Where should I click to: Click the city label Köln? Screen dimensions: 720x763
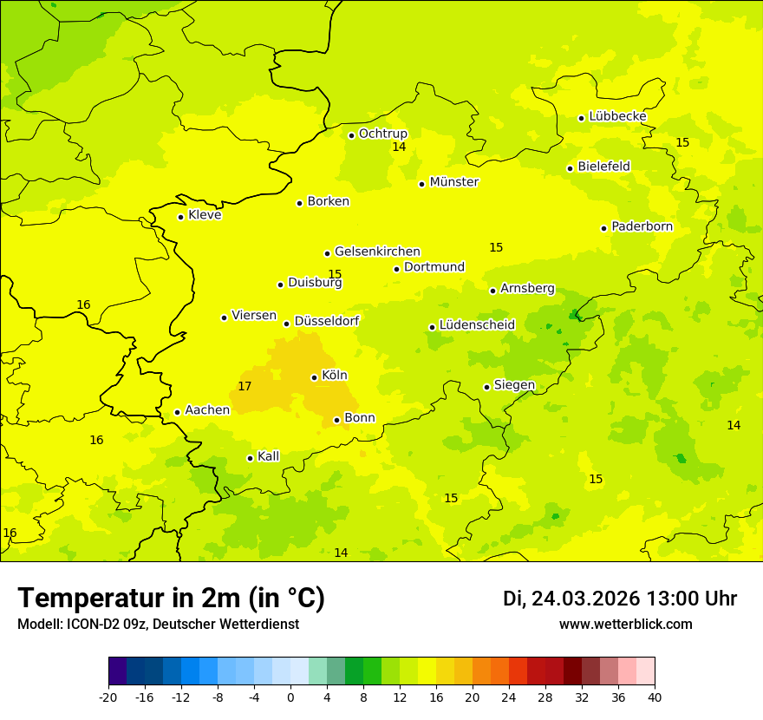click(334, 376)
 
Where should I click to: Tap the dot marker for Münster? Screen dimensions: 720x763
click(421, 184)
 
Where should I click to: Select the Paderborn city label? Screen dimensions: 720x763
click(642, 226)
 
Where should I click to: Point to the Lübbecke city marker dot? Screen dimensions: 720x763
click(581, 118)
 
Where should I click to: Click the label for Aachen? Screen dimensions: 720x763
click(207, 410)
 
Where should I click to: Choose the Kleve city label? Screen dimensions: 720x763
click(205, 215)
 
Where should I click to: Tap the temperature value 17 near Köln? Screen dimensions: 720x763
click(245, 386)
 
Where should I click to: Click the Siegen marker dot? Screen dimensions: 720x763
click(486, 387)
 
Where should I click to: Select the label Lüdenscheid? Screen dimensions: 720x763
click(477, 325)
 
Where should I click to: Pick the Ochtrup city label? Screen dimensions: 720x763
click(382, 134)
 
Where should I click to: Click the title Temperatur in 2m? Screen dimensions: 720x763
click(171, 599)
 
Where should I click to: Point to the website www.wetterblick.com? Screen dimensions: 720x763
click(625, 625)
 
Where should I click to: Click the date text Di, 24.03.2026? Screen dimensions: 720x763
click(571, 599)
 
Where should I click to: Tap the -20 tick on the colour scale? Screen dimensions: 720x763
click(108, 697)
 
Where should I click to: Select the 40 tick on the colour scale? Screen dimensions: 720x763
click(655, 697)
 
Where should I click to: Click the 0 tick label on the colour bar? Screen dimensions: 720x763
click(290, 697)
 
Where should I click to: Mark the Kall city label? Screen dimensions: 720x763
click(268, 456)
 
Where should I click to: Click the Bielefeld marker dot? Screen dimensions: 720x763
click(570, 168)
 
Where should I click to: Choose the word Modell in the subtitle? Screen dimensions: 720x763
click(38, 625)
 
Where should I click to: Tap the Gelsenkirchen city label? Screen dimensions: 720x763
click(377, 252)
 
